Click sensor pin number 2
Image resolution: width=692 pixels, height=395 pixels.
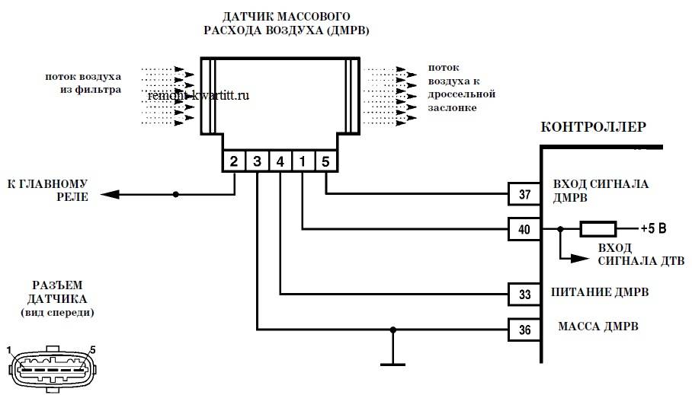pyautogui.click(x=234, y=161)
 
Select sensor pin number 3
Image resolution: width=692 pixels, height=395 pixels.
pyautogui.click(x=257, y=161)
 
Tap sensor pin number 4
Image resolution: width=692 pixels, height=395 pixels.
pyautogui.click(x=280, y=161)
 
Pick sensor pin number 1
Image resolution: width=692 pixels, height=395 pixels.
pyautogui.click(x=303, y=161)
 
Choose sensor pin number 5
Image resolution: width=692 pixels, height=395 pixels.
pyautogui.click(x=325, y=161)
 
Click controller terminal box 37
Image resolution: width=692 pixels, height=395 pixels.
pyautogui.click(x=524, y=194)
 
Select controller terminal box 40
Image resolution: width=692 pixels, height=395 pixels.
pyautogui.click(x=524, y=228)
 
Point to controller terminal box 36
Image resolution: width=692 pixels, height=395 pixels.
pyautogui.click(x=524, y=329)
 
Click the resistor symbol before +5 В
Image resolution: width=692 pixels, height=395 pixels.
pyautogui.click(x=598, y=228)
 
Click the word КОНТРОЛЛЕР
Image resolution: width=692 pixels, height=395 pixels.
pyautogui.click(x=594, y=126)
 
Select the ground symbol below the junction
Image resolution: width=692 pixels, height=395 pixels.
pyautogui.click(x=392, y=363)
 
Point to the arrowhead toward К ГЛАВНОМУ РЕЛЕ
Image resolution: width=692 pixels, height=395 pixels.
pyautogui.click(x=111, y=195)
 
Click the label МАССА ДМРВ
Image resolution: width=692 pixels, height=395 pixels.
pyautogui.click(x=598, y=327)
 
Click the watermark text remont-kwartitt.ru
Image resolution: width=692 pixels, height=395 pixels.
pyautogui.click(x=198, y=96)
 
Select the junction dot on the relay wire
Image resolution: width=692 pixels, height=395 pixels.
pyautogui.click(x=176, y=195)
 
